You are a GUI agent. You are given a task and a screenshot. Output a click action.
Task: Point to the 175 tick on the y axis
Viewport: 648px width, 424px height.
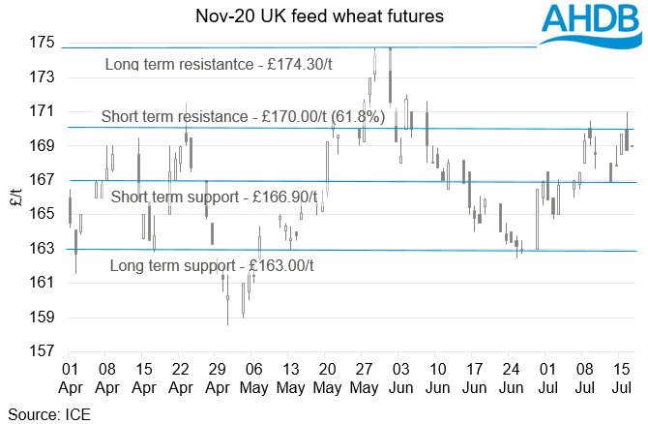point(44,43)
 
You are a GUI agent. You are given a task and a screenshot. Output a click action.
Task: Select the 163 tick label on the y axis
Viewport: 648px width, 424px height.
point(44,249)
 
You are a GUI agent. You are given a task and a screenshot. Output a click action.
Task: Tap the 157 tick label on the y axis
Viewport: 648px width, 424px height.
point(44,351)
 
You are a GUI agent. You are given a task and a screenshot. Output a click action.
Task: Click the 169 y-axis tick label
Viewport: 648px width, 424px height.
point(44,145)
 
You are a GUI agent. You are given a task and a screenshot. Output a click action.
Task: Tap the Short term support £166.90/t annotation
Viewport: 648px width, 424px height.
point(214,197)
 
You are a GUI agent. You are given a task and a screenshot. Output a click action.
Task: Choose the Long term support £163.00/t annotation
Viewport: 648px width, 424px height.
point(213,265)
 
